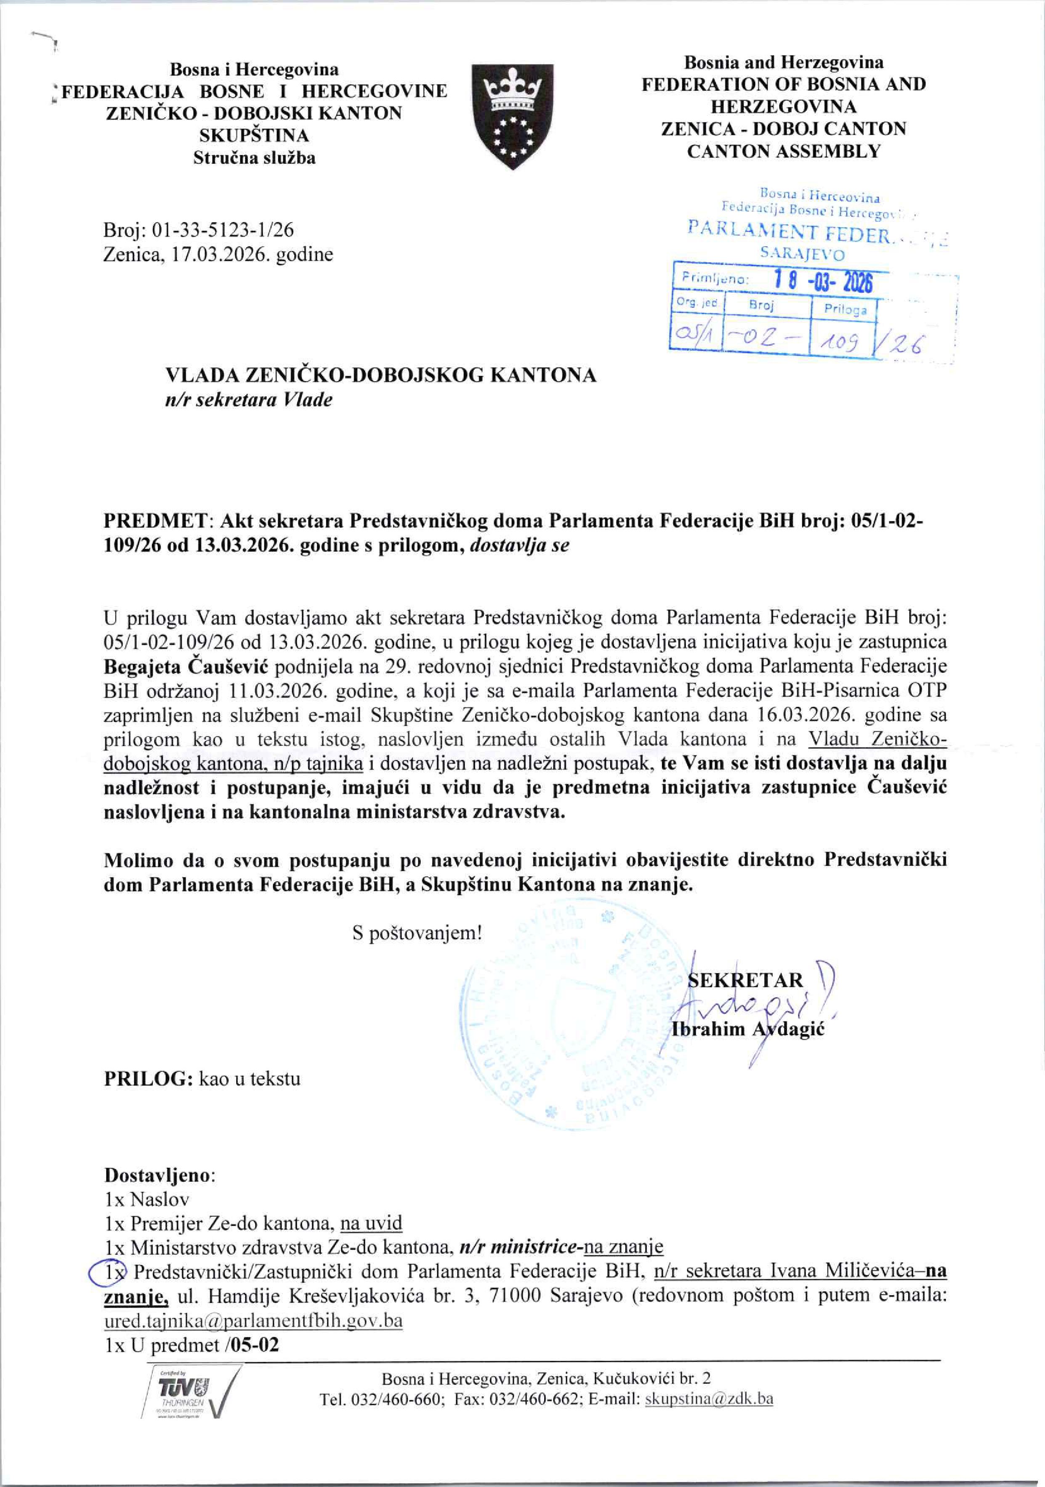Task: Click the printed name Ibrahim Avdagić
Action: pos(749,1030)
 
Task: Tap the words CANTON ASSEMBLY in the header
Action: pos(783,151)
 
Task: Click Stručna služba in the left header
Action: pos(255,158)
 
